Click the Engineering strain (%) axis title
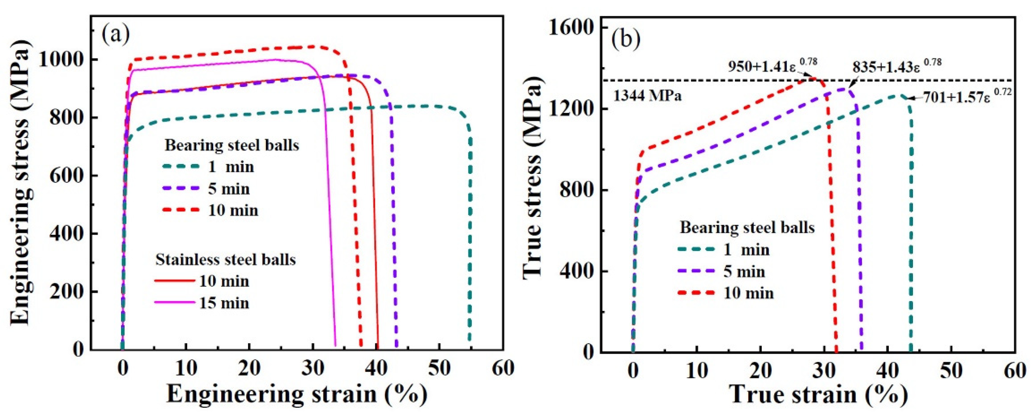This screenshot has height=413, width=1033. pos(297,395)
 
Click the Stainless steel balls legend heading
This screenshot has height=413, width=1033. pos(225,260)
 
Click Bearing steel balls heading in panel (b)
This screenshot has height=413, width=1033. pos(747,228)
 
